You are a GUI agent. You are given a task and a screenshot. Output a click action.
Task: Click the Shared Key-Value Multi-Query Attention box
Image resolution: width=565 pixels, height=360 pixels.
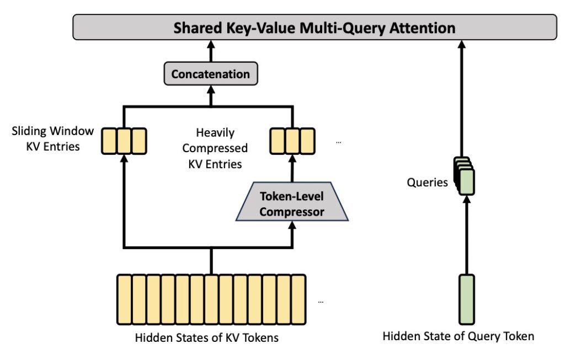pos(315,28)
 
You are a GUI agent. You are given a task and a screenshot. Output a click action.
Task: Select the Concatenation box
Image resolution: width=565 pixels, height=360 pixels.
pos(210,74)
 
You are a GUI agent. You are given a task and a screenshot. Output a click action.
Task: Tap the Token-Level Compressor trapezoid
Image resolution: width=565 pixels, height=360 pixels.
pos(292,203)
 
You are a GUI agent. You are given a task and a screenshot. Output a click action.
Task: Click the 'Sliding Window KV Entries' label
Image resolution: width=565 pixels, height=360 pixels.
pos(53,139)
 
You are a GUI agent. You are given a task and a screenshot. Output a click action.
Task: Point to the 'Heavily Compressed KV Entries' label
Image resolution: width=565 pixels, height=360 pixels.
pos(215,148)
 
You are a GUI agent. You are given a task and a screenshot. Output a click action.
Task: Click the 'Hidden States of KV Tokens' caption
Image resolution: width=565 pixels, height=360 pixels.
pos(207,338)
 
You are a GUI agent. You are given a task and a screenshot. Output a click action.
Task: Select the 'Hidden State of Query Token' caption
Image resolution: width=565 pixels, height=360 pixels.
pos(459,336)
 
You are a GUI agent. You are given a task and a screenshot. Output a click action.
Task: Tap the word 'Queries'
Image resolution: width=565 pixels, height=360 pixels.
pos(427,182)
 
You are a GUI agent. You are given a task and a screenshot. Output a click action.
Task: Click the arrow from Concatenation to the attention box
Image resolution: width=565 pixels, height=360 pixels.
pos(210,53)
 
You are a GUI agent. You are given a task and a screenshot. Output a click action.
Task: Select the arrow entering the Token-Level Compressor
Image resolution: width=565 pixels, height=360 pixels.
pos(292,234)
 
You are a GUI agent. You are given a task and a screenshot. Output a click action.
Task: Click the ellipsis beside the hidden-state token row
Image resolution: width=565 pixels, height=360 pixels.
pos(321,302)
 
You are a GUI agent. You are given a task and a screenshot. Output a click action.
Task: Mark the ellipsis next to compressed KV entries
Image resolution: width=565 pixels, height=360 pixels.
pos(338,142)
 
